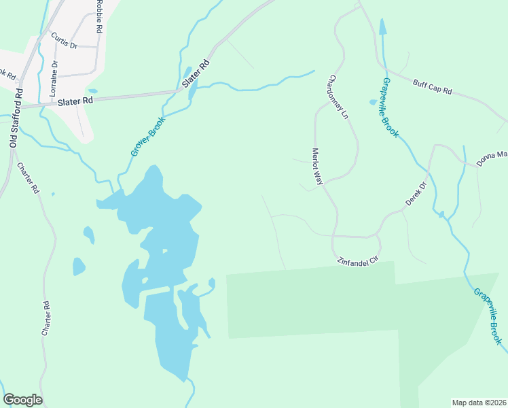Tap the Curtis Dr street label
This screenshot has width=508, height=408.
(65, 42)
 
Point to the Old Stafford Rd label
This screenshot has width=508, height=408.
(16, 118)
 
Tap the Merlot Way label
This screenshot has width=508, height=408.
(316, 165)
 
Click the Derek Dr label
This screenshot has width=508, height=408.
(416, 194)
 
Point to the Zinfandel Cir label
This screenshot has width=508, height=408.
(357, 260)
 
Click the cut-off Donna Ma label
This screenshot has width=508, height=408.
(492, 155)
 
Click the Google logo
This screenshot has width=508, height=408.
(22, 400)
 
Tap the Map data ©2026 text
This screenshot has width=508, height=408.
(479, 402)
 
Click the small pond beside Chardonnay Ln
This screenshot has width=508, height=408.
(373, 103)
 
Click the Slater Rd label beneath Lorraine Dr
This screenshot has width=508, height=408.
(75, 101)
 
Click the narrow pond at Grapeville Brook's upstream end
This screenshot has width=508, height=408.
(383, 28)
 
